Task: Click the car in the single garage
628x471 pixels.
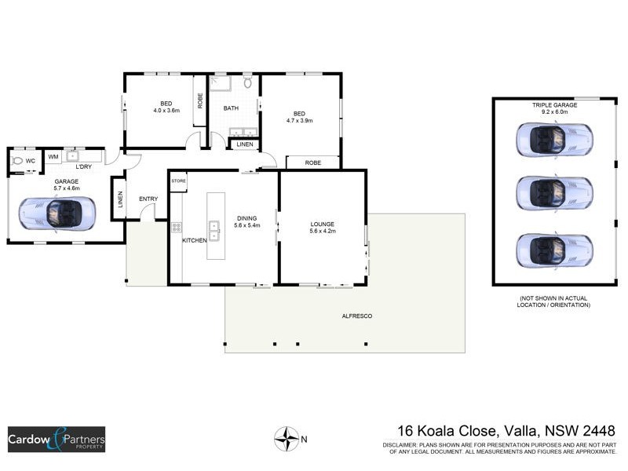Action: [57, 213]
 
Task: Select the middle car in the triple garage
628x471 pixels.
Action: [554, 191]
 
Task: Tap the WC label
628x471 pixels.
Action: [31, 161]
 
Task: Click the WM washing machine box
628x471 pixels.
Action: [53, 157]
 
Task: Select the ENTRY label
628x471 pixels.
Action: [148, 199]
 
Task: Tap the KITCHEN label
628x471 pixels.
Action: [195, 240]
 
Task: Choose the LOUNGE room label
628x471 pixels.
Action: [323, 225]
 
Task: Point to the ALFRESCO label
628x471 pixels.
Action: [356, 316]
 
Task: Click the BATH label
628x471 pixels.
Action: [231, 108]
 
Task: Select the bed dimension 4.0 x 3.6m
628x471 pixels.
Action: [166, 111]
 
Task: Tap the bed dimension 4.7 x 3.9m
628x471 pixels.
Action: [300, 120]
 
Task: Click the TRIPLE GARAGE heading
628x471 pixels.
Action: [554, 104]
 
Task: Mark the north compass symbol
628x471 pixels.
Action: [286, 437]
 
